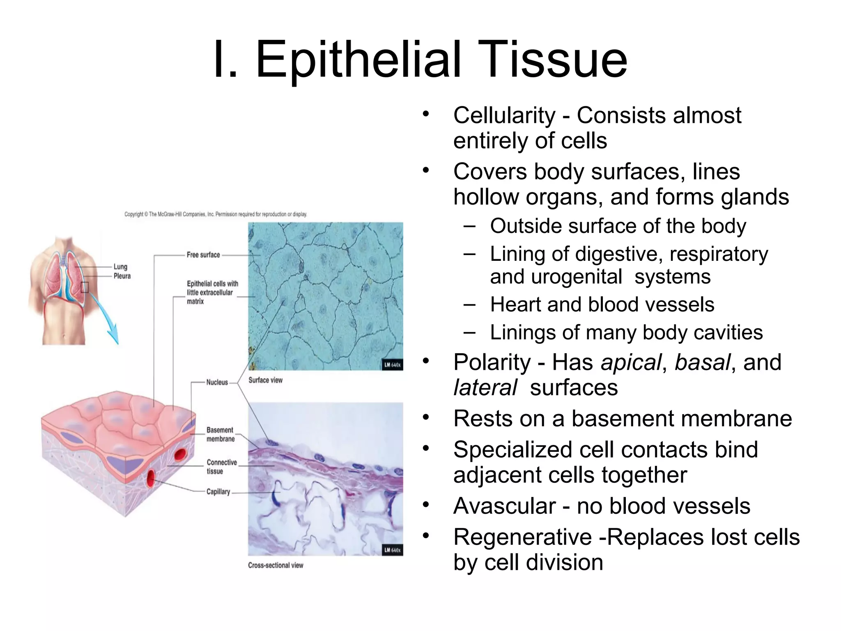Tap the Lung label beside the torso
click(120, 267)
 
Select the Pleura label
click(122, 276)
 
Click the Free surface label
click(203, 255)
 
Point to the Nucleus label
click(217, 382)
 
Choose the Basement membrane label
click(221, 434)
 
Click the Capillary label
click(218, 491)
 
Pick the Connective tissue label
click(222, 467)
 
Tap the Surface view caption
click(265, 380)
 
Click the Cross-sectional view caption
click(276, 565)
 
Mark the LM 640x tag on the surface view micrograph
click(392, 365)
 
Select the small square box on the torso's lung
click(85, 287)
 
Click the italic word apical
click(631, 363)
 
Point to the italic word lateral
click(485, 388)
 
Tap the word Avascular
click(504, 506)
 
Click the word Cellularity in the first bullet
click(504, 115)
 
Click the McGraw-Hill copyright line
click(216, 214)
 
